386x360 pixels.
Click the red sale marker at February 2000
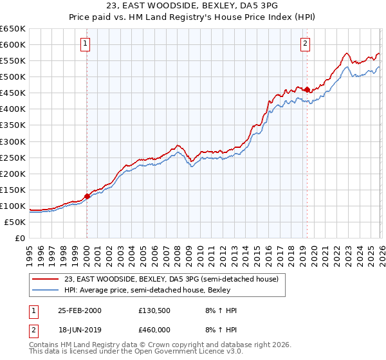pyautogui.click(x=87, y=196)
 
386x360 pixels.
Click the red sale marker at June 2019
pyautogui.click(x=307, y=89)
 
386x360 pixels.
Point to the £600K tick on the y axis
pyautogui.click(x=13, y=44)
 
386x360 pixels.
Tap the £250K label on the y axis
pyautogui.click(x=13, y=157)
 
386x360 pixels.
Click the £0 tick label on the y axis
pyautogui.click(x=19, y=238)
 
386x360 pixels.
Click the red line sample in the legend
pyautogui.click(x=46, y=279)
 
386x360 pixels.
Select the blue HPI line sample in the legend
pyautogui.click(x=46, y=290)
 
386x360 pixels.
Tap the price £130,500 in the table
pyautogui.click(x=155, y=310)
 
